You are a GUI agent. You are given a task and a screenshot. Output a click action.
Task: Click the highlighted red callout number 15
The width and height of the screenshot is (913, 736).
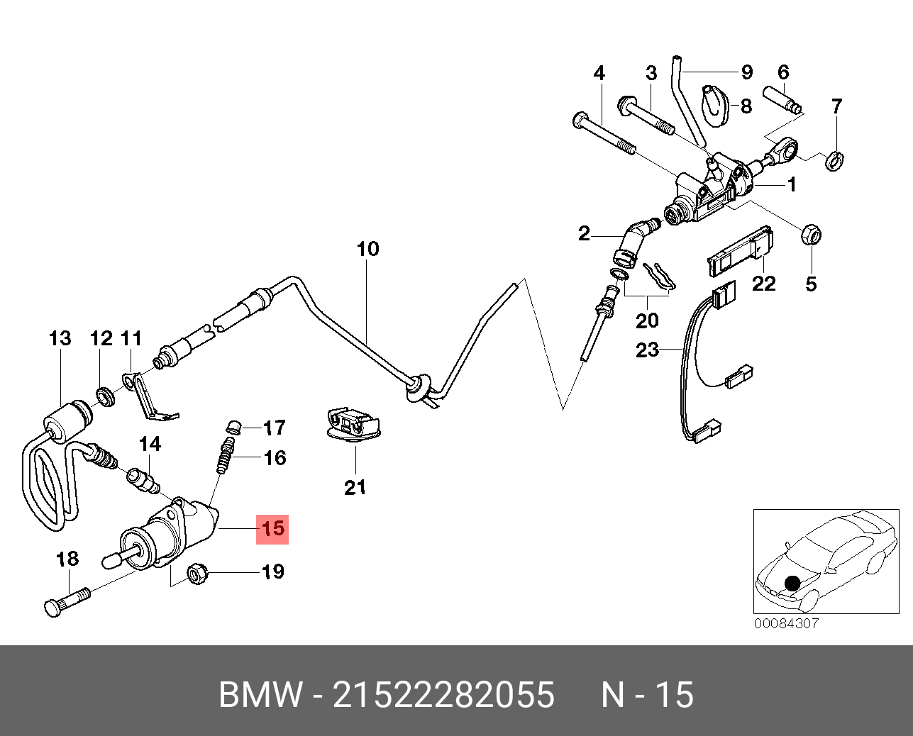272,528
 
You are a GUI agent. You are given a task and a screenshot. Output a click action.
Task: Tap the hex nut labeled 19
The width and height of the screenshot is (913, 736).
197,572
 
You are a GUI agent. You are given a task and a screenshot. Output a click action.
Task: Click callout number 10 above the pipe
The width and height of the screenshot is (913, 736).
368,249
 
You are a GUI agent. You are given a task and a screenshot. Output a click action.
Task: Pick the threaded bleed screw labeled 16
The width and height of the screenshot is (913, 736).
226,456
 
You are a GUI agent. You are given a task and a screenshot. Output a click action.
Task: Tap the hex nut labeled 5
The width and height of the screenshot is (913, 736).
811,234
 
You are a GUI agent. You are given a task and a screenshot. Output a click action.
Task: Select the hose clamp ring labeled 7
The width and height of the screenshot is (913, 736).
834,161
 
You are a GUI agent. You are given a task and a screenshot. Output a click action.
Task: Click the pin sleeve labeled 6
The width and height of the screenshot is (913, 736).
782,100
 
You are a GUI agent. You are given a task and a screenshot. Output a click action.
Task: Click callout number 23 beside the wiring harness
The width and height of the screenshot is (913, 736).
647,350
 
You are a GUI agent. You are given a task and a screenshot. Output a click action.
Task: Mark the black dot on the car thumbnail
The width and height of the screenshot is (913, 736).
792,584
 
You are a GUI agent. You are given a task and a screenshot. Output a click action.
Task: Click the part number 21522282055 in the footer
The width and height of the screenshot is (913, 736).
444,694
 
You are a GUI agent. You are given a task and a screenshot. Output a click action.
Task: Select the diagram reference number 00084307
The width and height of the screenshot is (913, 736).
786,623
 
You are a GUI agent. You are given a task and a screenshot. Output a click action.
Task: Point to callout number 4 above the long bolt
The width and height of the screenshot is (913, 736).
599,73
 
